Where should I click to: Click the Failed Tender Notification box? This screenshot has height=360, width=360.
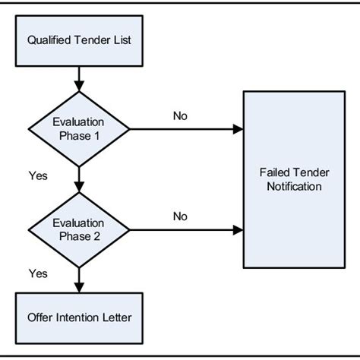(x=289, y=179)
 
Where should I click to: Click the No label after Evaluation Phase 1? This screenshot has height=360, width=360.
(x=180, y=116)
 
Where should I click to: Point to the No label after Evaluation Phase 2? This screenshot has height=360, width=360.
(x=180, y=216)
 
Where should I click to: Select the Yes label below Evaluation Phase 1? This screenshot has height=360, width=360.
(x=38, y=175)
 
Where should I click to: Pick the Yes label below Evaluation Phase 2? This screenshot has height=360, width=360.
(x=38, y=272)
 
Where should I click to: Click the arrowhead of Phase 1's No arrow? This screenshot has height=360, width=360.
(x=238, y=129)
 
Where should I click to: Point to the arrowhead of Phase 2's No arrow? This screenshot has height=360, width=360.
(x=238, y=229)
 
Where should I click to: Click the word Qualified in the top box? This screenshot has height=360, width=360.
(x=48, y=39)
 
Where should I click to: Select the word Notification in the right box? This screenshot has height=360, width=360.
(x=289, y=186)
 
